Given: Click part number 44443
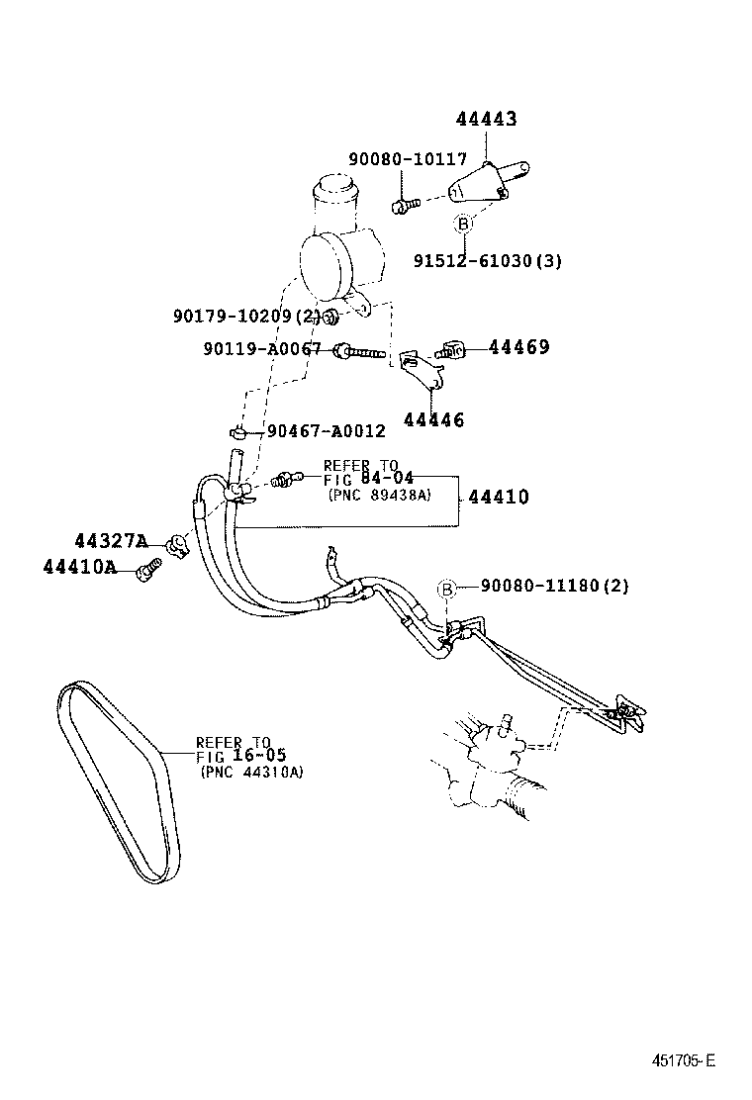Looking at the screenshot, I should pyautogui.click(x=486, y=120).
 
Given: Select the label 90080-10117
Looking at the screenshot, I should pyautogui.click(x=407, y=159).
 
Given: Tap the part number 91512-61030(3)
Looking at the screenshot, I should pyautogui.click(x=487, y=261).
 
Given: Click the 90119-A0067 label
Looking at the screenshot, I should pyautogui.click(x=262, y=349).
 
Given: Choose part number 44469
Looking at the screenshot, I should pyautogui.click(x=518, y=347).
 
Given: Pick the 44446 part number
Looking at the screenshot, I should pyautogui.click(x=433, y=419).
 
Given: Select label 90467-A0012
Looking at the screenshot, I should pyautogui.click(x=326, y=431).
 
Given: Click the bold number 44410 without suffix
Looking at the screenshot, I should pyautogui.click(x=498, y=498).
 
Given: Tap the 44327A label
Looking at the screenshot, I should pyautogui.click(x=110, y=541).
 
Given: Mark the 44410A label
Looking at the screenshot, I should pyautogui.click(x=79, y=567).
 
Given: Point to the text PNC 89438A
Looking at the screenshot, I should pyautogui.click(x=379, y=495).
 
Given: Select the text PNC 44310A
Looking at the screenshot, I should pyautogui.click(x=251, y=772).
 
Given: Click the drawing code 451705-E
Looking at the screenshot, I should pyautogui.click(x=682, y=1060).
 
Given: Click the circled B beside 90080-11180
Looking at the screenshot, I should pyautogui.click(x=446, y=590).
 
